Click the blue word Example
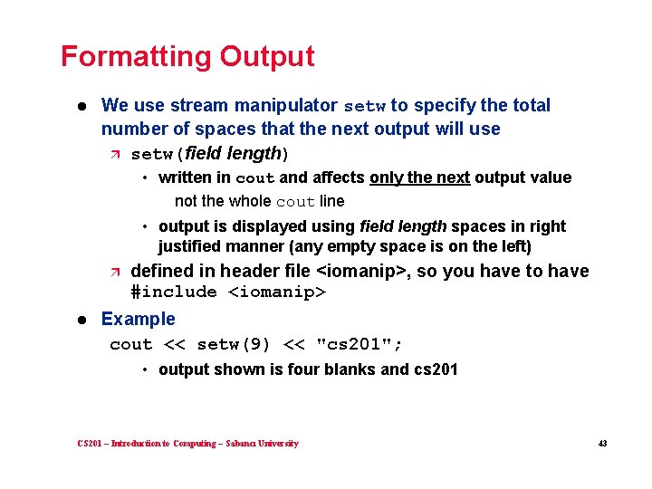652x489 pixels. pos(139,319)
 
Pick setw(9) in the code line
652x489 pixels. pos(234,344)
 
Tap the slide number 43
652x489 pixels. pos(601,444)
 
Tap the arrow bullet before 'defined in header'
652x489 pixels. pos(114,272)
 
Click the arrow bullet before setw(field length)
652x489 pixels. pos(114,154)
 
